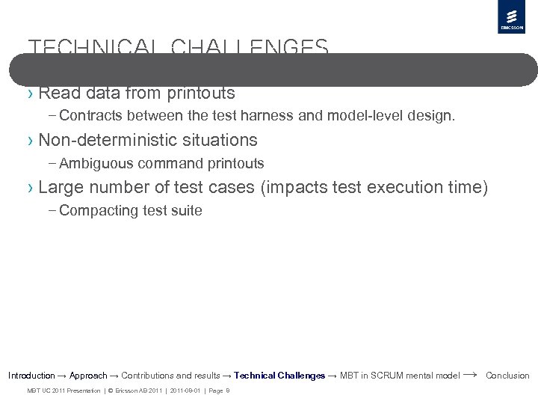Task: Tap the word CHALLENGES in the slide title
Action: (250, 49)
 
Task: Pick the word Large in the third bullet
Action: (58, 187)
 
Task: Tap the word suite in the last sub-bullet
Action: (187, 210)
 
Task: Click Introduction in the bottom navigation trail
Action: (31, 376)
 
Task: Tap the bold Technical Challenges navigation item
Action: (279, 376)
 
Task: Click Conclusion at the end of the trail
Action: (507, 376)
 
